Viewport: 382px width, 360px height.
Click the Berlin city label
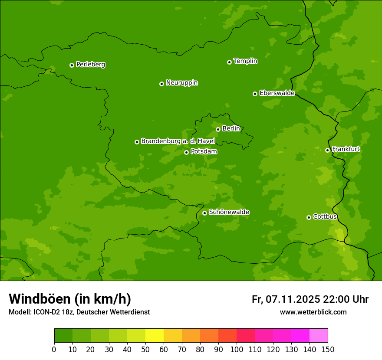(x=231, y=128)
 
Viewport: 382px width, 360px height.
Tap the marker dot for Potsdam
(x=186, y=152)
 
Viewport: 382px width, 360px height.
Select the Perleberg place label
(x=90, y=65)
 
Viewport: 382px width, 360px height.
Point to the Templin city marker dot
(x=229, y=62)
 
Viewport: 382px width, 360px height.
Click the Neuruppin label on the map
(x=181, y=83)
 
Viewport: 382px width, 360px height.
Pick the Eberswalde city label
(x=277, y=93)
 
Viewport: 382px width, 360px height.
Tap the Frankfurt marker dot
(x=327, y=150)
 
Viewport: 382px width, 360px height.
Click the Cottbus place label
(x=325, y=216)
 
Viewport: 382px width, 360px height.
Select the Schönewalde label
(x=229, y=212)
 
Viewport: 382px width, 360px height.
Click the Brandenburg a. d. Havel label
(x=178, y=141)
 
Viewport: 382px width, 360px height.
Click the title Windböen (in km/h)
(x=70, y=299)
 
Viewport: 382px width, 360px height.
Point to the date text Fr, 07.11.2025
(x=286, y=299)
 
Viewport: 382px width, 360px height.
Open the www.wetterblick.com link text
(x=313, y=312)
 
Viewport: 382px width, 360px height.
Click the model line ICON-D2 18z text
(x=79, y=312)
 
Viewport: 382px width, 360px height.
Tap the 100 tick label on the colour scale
(x=237, y=349)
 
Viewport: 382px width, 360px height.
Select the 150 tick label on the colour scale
(x=328, y=349)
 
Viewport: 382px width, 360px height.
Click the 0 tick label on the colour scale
(x=54, y=349)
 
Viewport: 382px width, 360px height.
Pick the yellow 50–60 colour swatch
(x=155, y=336)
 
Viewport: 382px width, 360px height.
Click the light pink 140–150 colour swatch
(x=319, y=336)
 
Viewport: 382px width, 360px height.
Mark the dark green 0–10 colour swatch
(x=63, y=336)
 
